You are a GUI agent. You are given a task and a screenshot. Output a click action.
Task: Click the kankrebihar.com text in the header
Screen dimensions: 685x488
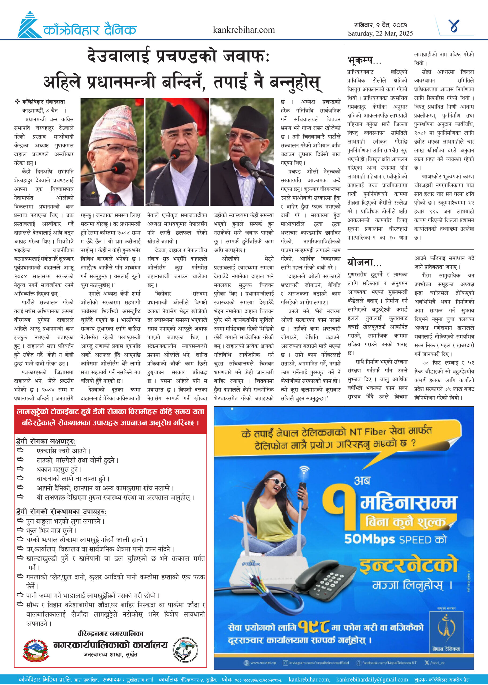244,30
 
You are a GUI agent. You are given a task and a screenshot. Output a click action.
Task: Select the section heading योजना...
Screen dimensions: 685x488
364,263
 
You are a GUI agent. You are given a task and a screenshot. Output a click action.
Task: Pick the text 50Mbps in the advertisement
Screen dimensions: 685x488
369,539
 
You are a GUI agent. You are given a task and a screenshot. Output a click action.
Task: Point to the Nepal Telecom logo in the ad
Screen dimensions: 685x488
446,629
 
